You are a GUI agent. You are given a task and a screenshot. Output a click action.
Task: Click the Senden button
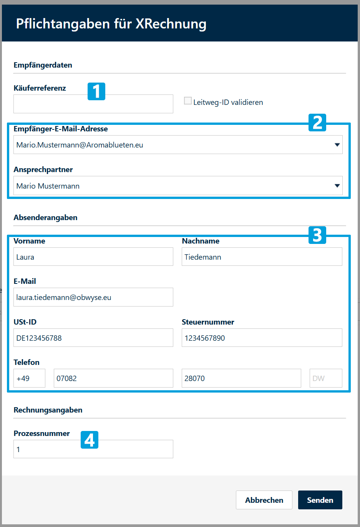(320, 500)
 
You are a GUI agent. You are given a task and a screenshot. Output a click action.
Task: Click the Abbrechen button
(264, 500)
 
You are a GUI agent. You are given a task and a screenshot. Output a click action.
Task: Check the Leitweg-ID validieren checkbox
(188, 101)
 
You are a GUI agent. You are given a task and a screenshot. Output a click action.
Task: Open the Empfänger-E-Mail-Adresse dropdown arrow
(337, 145)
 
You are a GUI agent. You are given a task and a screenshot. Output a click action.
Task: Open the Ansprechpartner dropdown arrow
(337, 186)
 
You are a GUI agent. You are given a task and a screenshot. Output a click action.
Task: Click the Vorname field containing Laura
(93, 257)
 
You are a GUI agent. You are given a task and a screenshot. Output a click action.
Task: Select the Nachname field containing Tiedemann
(262, 257)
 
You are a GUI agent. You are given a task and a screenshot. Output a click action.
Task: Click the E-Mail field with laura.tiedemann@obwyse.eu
(93, 297)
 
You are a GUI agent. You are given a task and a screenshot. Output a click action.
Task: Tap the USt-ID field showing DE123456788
(93, 338)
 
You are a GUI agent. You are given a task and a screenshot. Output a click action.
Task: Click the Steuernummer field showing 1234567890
(262, 338)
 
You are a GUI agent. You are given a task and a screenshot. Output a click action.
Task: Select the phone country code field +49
(29, 378)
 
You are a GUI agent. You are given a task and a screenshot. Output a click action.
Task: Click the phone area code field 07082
(113, 378)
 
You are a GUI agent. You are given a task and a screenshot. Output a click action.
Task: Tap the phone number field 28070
(241, 378)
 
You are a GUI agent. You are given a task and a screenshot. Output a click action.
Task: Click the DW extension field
(326, 378)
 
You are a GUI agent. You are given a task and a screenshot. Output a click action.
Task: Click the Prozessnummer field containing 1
(93, 449)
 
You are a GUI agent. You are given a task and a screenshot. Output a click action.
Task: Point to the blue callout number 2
(317, 123)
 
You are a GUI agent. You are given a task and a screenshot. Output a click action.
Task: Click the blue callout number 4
(90, 440)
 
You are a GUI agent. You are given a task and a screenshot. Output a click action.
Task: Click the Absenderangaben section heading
(45, 217)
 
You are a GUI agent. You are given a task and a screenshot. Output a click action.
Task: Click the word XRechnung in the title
(171, 24)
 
